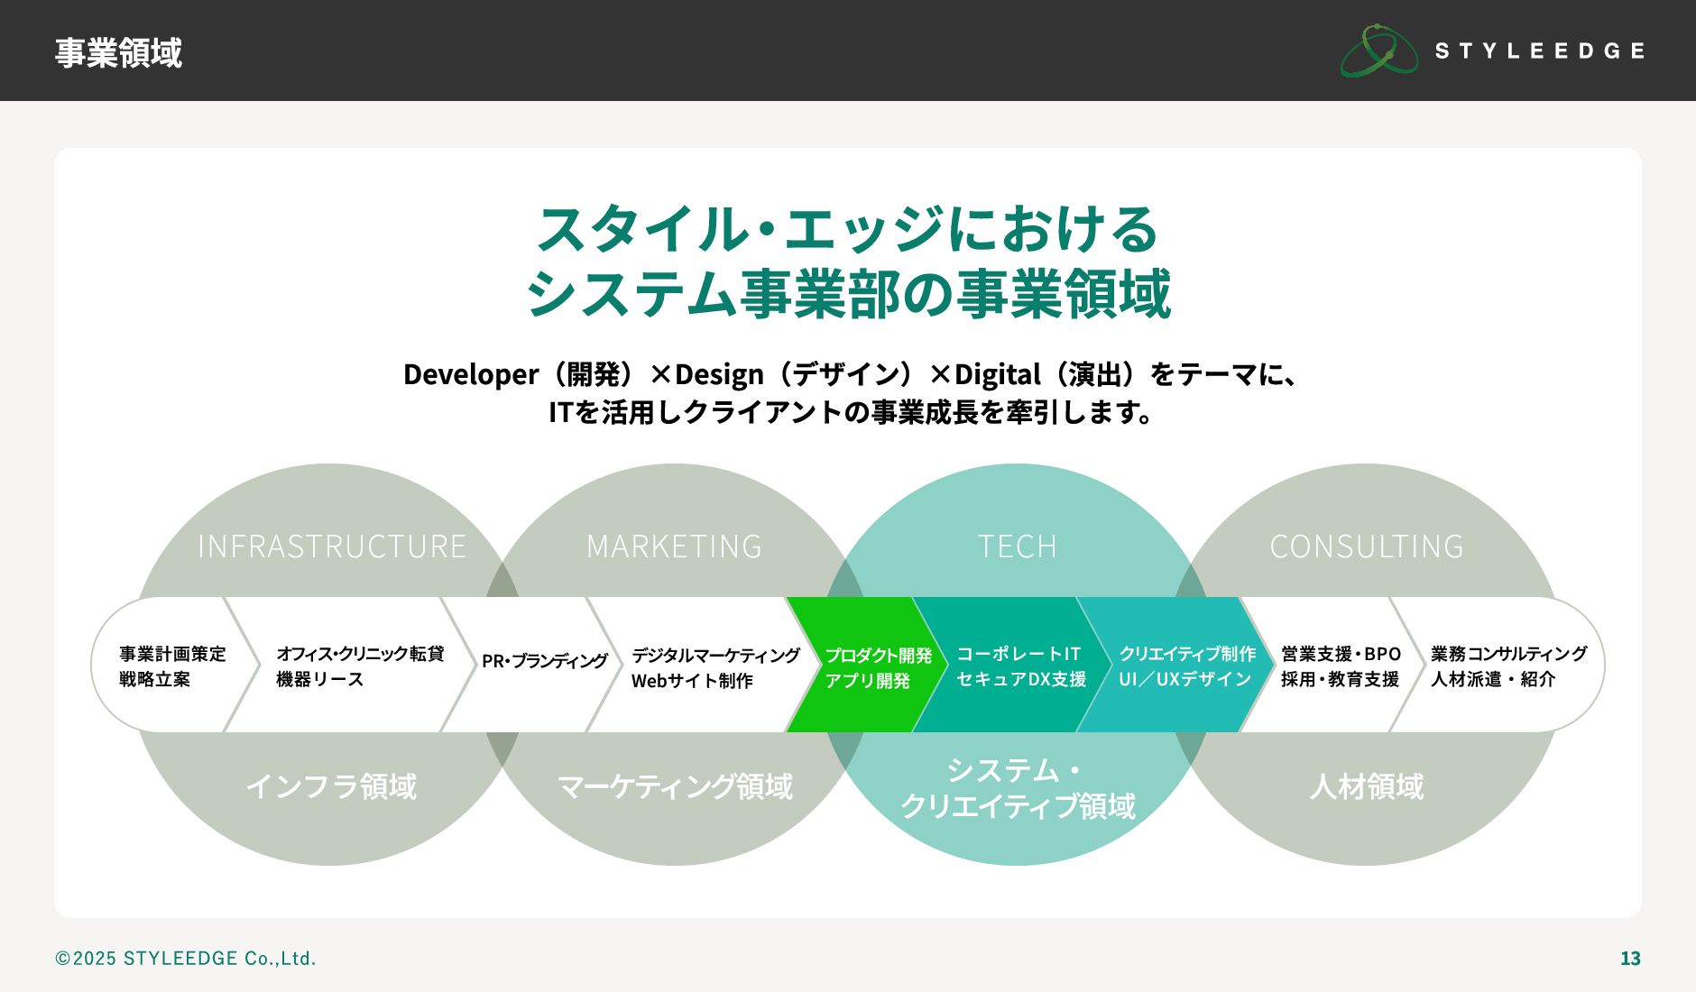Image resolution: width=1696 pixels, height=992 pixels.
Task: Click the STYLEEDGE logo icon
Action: click(x=1379, y=51)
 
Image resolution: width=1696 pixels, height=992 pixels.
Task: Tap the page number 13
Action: click(x=1630, y=959)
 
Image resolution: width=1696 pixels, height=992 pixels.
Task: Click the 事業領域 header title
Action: click(x=118, y=52)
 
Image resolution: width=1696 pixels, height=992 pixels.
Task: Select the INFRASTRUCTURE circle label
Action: click(x=331, y=547)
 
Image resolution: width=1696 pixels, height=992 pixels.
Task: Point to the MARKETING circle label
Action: click(x=674, y=547)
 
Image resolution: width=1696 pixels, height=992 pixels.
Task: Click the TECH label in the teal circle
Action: click(x=1017, y=547)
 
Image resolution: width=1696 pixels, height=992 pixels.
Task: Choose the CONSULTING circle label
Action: click(x=1367, y=547)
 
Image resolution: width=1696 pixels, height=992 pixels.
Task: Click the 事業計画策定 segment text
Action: click(x=172, y=654)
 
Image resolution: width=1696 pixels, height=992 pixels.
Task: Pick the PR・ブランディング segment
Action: click(x=545, y=661)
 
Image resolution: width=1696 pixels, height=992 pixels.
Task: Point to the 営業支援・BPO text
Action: click(x=1341, y=654)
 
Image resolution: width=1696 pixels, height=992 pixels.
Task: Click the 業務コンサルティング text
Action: click(x=1508, y=654)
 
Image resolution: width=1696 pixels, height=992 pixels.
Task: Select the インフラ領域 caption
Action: click(x=331, y=786)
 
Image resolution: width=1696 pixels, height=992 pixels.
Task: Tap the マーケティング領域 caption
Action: click(x=675, y=786)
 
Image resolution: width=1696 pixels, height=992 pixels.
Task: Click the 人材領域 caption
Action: click(x=1367, y=786)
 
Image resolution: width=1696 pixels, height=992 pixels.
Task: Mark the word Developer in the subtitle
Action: click(x=471, y=374)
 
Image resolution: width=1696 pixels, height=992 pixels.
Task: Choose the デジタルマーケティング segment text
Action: click(x=715, y=656)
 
